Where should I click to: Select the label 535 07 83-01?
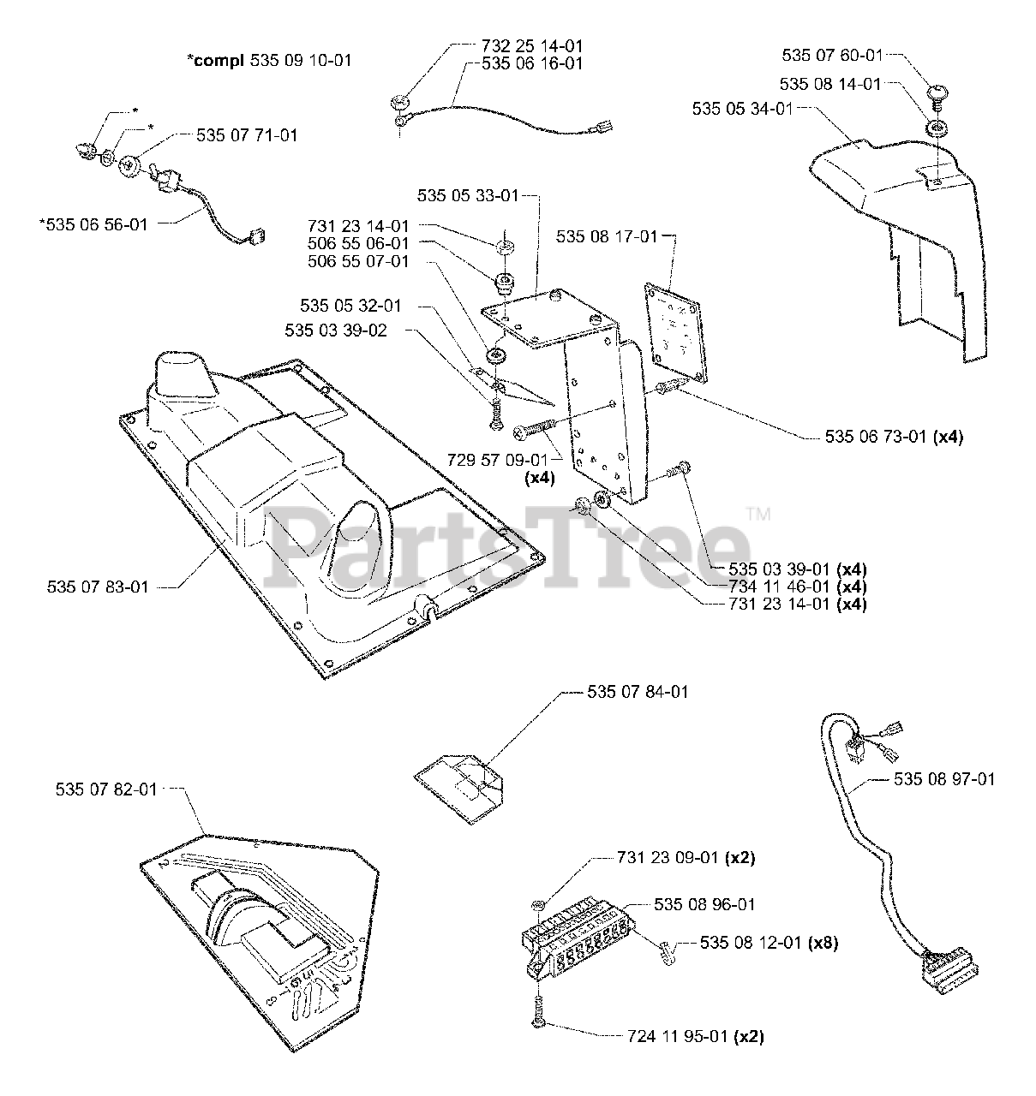pos(99,587)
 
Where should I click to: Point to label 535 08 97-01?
pos(944,779)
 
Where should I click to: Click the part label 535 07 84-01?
pos(638,692)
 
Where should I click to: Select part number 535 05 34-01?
pos(743,109)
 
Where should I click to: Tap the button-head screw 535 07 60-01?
pos(937,92)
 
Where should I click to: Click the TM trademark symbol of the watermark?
pos(759,515)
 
